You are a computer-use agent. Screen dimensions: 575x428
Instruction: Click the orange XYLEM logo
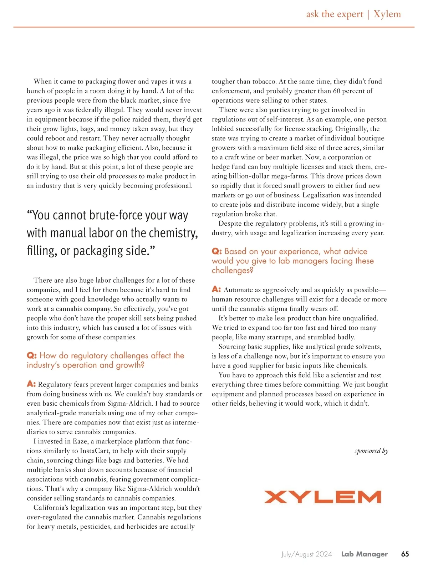click(x=322, y=497)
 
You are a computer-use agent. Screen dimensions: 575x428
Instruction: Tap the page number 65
click(x=405, y=554)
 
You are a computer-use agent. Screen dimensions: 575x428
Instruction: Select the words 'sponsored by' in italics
click(x=371, y=451)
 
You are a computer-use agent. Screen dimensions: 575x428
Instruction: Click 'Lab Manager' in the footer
click(x=364, y=554)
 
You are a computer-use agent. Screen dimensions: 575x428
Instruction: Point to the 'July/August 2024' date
click(x=306, y=554)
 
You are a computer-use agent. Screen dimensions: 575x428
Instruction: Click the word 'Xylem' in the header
click(x=387, y=14)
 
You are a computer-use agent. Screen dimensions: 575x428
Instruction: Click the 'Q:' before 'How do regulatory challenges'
click(x=32, y=355)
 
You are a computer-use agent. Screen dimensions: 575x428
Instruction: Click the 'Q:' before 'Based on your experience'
click(x=216, y=251)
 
